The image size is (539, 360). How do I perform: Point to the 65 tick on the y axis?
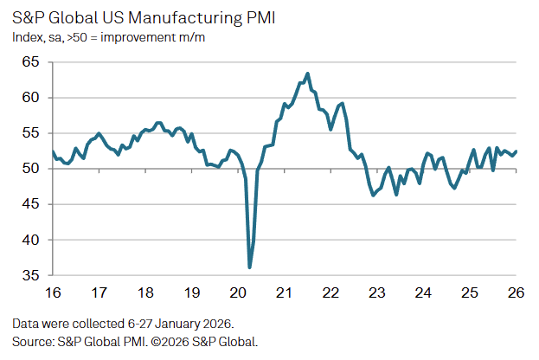click(x=32, y=62)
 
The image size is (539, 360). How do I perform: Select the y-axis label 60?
click(x=32, y=98)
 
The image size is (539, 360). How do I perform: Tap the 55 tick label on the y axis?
click(x=32, y=133)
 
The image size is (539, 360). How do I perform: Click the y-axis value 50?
click(x=32, y=169)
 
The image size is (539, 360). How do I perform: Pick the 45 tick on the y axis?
click(x=32, y=204)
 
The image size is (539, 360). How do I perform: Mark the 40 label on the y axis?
click(x=32, y=240)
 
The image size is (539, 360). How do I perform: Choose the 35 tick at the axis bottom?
click(x=32, y=275)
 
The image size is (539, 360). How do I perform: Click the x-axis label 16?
click(x=52, y=292)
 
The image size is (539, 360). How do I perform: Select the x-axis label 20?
click(x=238, y=292)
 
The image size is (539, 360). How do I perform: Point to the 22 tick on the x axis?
click(x=330, y=292)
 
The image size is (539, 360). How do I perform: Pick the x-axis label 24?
click(x=424, y=292)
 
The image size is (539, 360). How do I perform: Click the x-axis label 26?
click(x=517, y=292)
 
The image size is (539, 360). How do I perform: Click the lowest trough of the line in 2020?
click(x=249, y=267)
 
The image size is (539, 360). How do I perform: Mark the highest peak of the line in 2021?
click(x=308, y=74)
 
